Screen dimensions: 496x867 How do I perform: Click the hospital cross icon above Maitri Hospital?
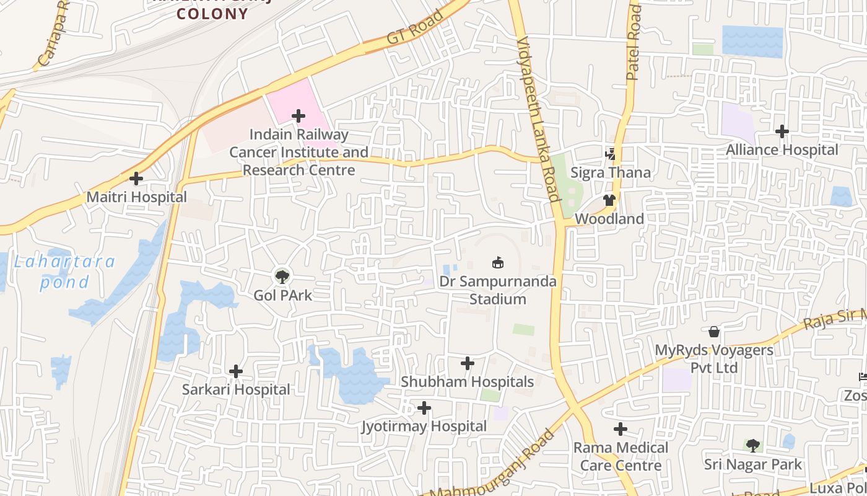[x=136, y=179]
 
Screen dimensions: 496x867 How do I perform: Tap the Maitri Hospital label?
[x=136, y=197]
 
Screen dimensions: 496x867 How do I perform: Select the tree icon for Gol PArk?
[x=282, y=276]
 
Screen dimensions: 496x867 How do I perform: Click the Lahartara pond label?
[x=64, y=272]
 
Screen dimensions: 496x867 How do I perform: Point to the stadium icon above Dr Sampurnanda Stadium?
[x=498, y=262]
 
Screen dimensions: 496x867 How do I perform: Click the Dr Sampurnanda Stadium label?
[x=498, y=290]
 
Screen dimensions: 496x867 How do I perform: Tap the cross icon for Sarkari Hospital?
[x=236, y=371]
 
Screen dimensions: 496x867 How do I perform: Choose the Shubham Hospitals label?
[x=467, y=381]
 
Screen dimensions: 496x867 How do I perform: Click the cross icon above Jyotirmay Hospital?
[x=424, y=408]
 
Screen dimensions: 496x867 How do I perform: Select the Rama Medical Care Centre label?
[x=621, y=456]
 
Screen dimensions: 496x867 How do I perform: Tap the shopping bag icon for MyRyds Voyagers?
[x=714, y=332]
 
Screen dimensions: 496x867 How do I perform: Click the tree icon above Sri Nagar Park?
[x=752, y=445]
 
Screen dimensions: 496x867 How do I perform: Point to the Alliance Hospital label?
[x=782, y=149]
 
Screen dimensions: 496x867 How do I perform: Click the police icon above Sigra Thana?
[x=611, y=153]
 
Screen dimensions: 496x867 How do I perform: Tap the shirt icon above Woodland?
[x=609, y=200]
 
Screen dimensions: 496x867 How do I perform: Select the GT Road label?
[x=415, y=27]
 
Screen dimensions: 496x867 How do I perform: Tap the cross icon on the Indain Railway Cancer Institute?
[x=298, y=116]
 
